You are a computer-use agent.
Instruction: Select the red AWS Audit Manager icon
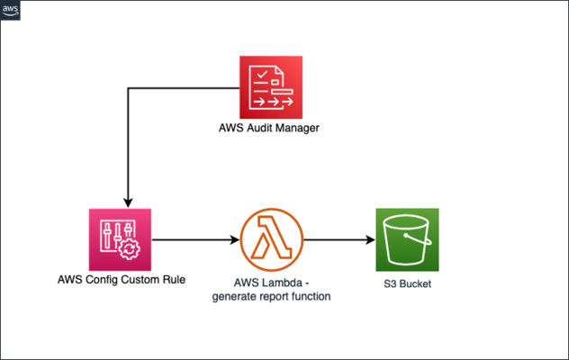point(271,86)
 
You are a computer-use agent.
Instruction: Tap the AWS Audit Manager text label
point(270,129)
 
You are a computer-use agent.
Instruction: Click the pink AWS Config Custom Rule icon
point(121,240)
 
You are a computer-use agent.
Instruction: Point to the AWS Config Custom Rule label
point(120,280)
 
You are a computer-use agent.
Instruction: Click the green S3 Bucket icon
point(407,240)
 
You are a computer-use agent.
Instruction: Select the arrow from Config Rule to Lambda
point(194,240)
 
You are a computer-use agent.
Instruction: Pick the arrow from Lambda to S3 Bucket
point(338,240)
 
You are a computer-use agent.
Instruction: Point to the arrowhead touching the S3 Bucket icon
point(371,240)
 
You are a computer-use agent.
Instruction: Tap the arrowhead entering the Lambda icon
point(236,240)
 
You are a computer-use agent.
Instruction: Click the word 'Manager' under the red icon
point(294,129)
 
